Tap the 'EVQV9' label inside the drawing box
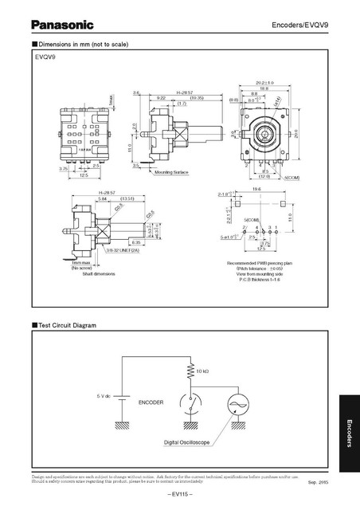(x=45, y=58)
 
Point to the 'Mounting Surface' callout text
(x=175, y=171)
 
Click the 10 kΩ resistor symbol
(x=191, y=371)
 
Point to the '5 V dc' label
(x=108, y=396)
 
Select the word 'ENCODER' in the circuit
(x=151, y=402)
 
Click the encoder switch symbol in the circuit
(x=191, y=406)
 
